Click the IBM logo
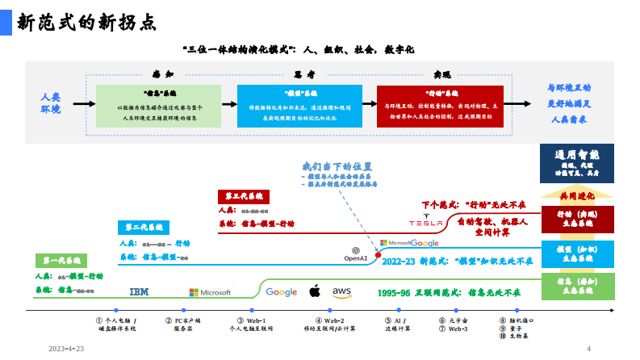(x=140, y=291)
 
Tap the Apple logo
(x=316, y=291)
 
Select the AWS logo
(x=341, y=291)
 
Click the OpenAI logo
(x=356, y=253)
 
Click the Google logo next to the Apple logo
(x=281, y=291)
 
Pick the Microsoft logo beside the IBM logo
(x=210, y=292)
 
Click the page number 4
(x=588, y=349)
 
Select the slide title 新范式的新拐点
(x=86, y=22)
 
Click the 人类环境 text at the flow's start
(x=51, y=103)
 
